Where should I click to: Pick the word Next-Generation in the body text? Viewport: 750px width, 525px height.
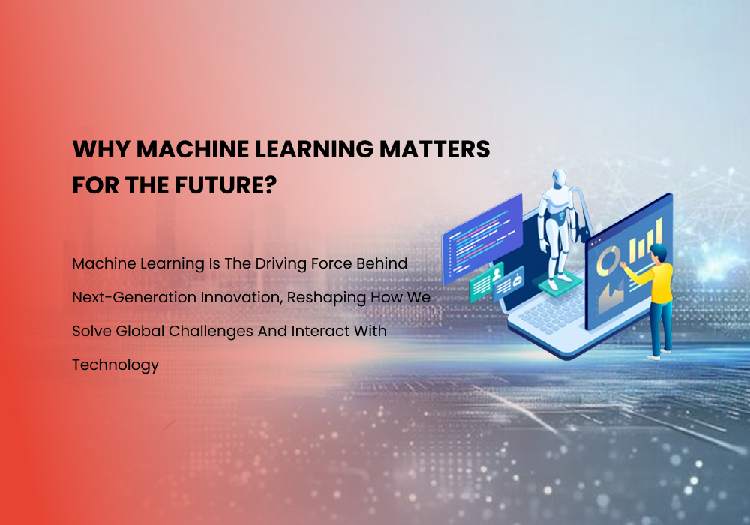pyautogui.click(x=134, y=297)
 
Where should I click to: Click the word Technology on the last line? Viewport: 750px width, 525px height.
pyautogui.click(x=115, y=365)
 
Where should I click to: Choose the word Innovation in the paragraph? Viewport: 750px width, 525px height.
pyautogui.click(x=236, y=297)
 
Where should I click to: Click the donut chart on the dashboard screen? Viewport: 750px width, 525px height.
pyautogui.click(x=607, y=259)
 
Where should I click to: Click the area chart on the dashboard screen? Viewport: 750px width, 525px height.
pyautogui.click(x=610, y=295)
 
